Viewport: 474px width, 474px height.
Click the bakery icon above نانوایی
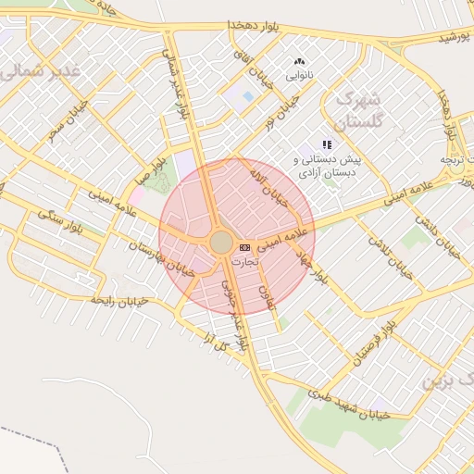(298, 61)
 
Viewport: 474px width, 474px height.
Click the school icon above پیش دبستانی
(326, 144)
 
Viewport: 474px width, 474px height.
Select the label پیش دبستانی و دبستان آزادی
(325, 167)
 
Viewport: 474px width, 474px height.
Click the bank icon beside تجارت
(244, 248)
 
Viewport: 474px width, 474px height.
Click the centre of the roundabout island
(221, 243)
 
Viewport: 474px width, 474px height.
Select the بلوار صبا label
(153, 171)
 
